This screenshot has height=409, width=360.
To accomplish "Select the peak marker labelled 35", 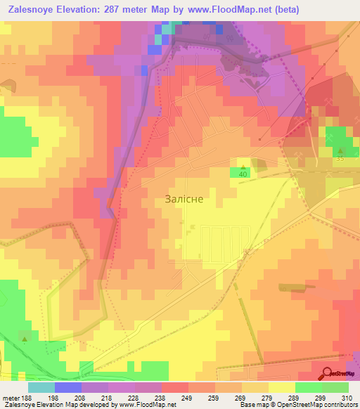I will click(x=341, y=150).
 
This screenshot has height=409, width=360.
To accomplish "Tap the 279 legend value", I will click(x=256, y=397).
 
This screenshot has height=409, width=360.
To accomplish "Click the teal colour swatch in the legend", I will click(x=41, y=387).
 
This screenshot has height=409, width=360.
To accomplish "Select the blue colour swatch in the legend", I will click(x=68, y=387).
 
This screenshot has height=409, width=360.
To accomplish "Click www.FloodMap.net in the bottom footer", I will click(x=146, y=405).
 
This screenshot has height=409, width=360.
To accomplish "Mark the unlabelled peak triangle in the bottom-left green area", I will click(x=25, y=339).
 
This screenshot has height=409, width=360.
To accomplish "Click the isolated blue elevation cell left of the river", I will click(x=144, y=70).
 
